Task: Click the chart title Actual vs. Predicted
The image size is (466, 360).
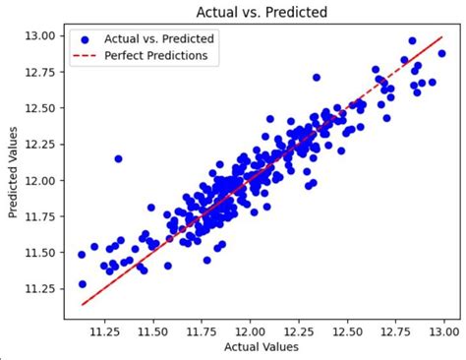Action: coord(262,13)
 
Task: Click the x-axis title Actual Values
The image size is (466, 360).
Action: coord(262,346)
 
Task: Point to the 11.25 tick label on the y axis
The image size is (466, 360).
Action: coord(47,288)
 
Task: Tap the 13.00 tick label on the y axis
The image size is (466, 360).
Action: coord(47,36)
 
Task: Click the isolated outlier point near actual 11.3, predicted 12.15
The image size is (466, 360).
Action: coord(119,158)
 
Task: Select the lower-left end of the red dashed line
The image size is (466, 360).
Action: coord(82,305)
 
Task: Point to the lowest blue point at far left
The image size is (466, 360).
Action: coord(83,284)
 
